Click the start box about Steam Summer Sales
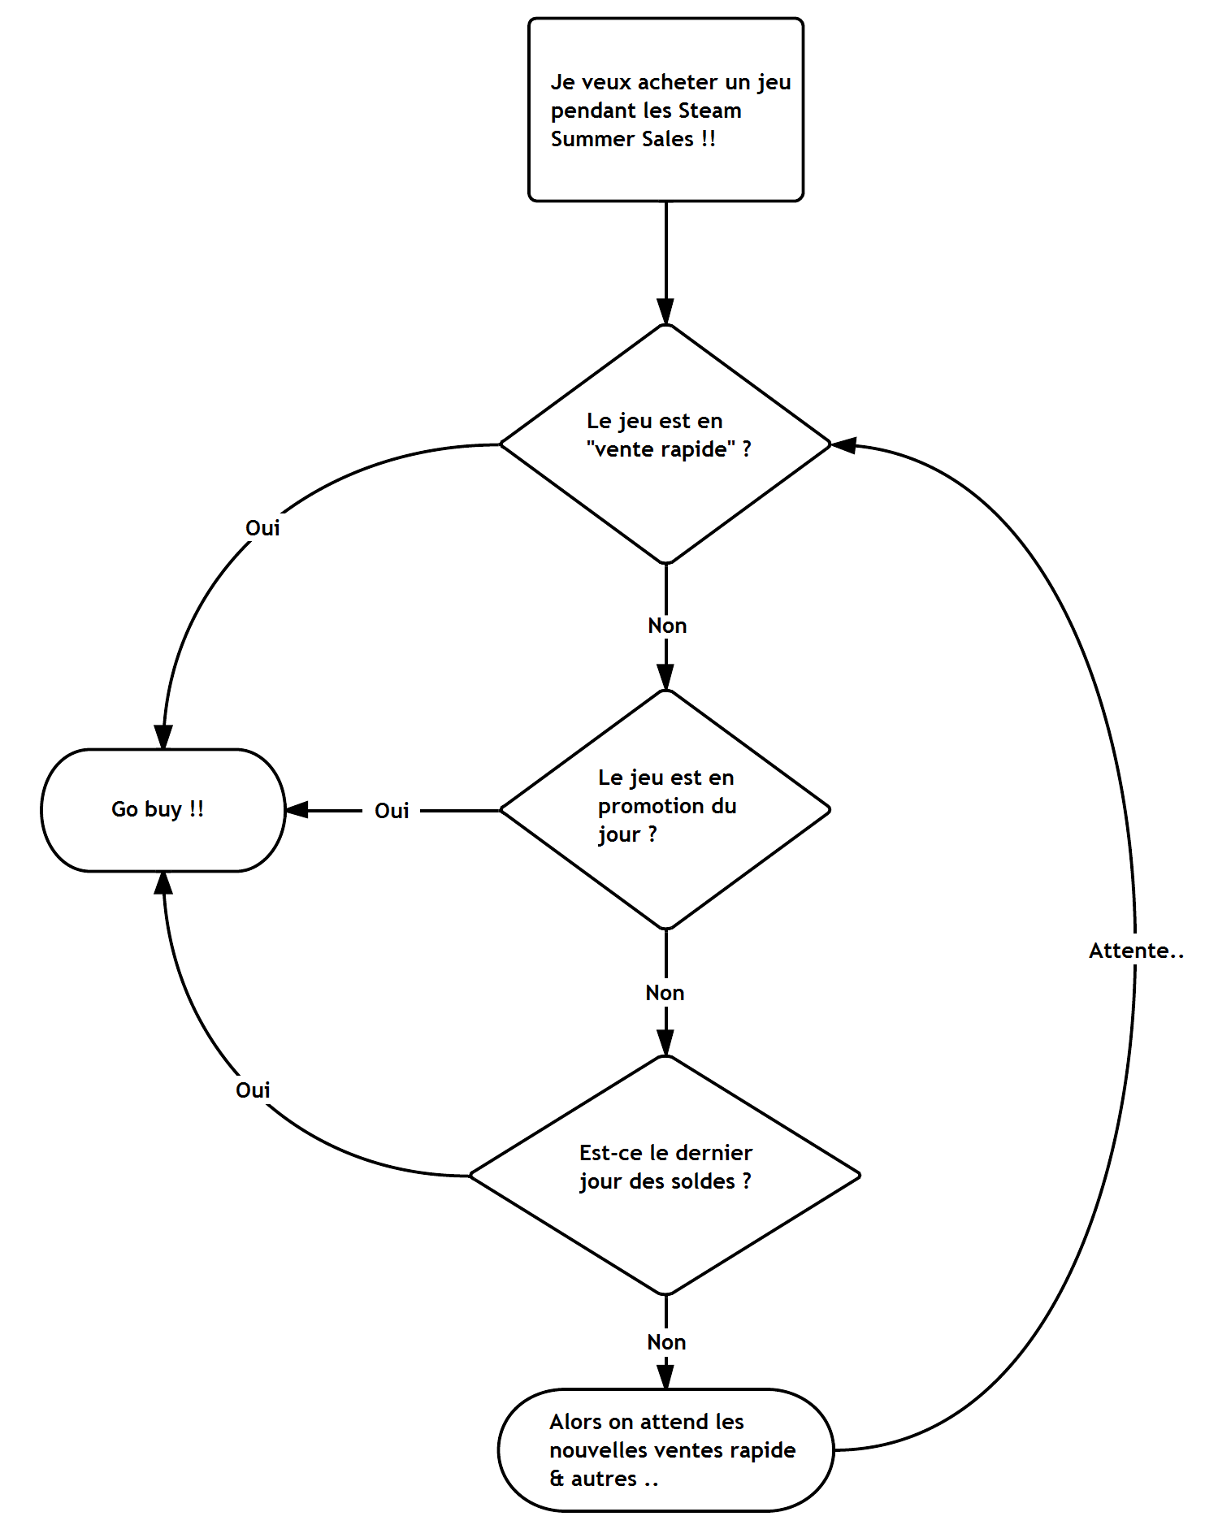click(x=665, y=110)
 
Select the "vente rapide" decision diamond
click(x=665, y=444)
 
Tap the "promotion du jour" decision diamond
click(x=665, y=809)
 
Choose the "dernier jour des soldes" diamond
click(x=665, y=1175)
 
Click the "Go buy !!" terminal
click(x=163, y=810)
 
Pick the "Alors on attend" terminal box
click(x=665, y=1449)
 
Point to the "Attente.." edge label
click(x=1135, y=951)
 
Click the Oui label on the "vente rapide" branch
click(x=262, y=528)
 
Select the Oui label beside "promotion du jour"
click(x=392, y=811)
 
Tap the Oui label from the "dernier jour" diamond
click(x=253, y=1090)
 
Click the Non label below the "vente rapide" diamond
click(x=667, y=626)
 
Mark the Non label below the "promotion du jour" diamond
click(x=665, y=993)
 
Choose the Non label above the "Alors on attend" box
click(x=666, y=1342)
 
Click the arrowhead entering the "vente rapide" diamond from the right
click(x=844, y=445)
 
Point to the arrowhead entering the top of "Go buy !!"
click(x=163, y=737)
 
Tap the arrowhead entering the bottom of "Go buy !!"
click(x=163, y=883)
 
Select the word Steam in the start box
click(x=709, y=110)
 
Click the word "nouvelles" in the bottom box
click(x=597, y=1450)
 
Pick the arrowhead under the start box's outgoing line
click(x=665, y=312)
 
